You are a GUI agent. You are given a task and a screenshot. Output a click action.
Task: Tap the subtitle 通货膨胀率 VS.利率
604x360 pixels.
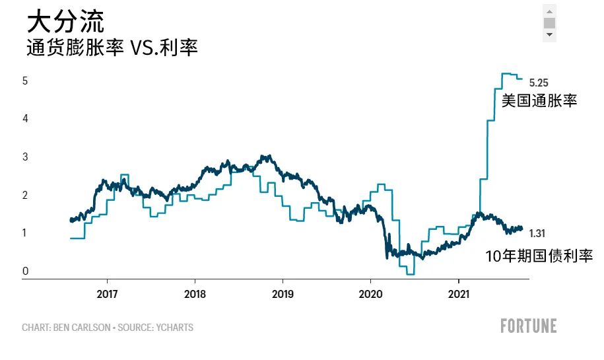tap(112, 48)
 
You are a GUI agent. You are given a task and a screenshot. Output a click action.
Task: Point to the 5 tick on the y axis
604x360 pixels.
tap(25, 81)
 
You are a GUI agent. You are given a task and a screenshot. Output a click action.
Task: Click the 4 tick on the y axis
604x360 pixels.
tap(25, 119)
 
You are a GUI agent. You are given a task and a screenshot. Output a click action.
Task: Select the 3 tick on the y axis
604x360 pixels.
tap(25, 157)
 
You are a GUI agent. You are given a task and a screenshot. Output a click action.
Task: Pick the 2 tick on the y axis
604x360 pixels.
tap(25, 195)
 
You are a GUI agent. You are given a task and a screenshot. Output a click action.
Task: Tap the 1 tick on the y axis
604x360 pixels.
tap(25, 233)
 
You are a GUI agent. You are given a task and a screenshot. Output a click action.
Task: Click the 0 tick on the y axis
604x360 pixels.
tap(25, 271)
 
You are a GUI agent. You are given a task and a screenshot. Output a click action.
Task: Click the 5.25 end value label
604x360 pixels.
tap(539, 83)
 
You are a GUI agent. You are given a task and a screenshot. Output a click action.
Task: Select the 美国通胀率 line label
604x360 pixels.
tap(539, 101)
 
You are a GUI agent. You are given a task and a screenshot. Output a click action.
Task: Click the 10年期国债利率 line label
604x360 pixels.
tap(539, 256)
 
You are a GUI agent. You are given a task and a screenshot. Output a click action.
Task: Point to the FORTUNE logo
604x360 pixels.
tap(528, 326)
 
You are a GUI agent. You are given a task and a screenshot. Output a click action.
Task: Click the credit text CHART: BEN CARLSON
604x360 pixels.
tap(65, 328)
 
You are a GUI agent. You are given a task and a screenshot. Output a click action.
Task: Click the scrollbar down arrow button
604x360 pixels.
tap(549, 35)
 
